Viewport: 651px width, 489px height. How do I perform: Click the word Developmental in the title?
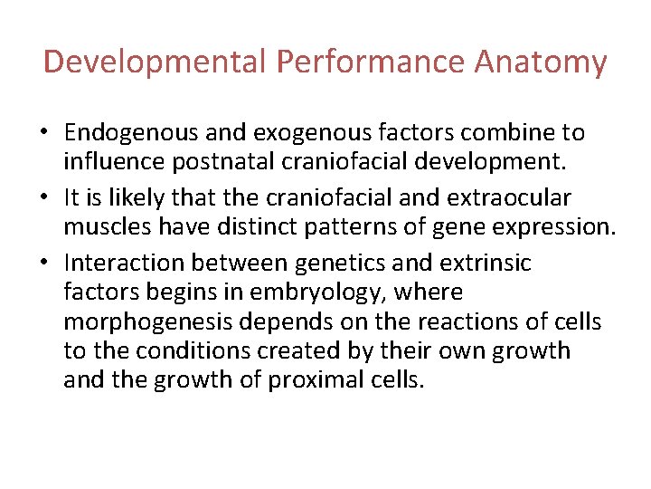point(155,62)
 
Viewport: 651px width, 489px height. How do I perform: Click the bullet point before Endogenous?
point(51,134)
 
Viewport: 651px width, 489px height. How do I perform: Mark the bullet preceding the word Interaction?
point(51,264)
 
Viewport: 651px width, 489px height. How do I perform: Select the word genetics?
point(328,264)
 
